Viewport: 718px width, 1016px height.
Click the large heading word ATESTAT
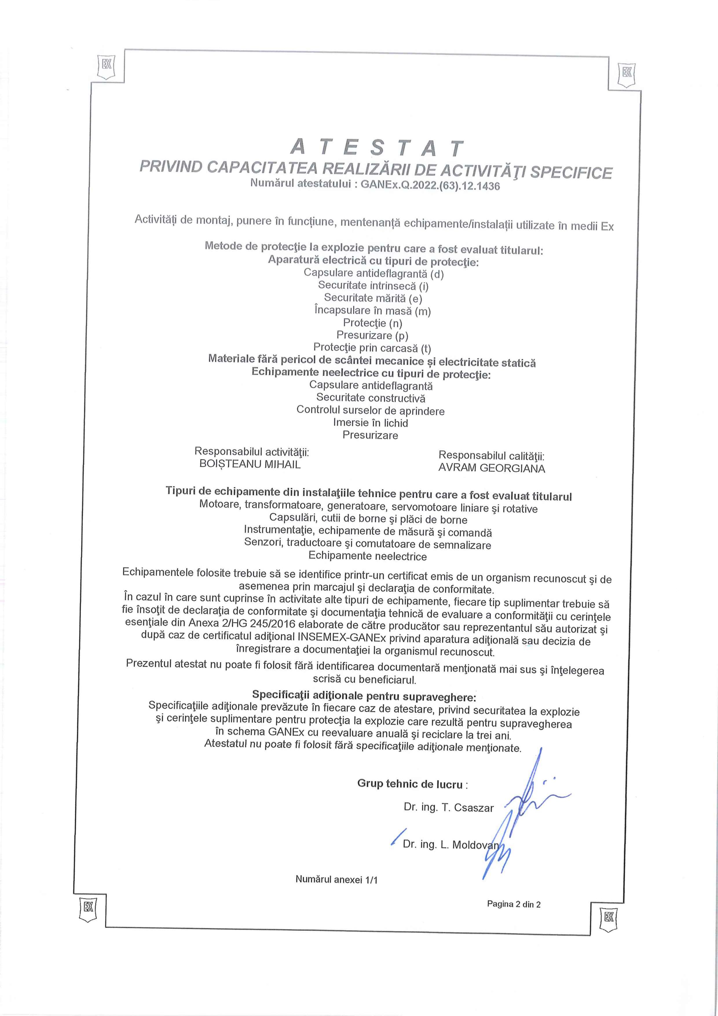tap(377, 148)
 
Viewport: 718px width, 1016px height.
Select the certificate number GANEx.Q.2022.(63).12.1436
tap(430, 185)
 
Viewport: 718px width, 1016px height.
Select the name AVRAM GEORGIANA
tap(492, 468)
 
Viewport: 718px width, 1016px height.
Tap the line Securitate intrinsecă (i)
tap(373, 286)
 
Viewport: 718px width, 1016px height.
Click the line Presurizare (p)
tap(372, 335)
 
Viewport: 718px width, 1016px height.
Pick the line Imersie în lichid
tap(371, 423)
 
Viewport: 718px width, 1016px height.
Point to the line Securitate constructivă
tap(371, 398)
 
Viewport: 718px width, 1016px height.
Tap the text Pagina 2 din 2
tap(514, 904)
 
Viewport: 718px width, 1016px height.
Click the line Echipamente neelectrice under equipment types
tap(368, 556)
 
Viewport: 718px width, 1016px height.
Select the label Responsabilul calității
tap(491, 455)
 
